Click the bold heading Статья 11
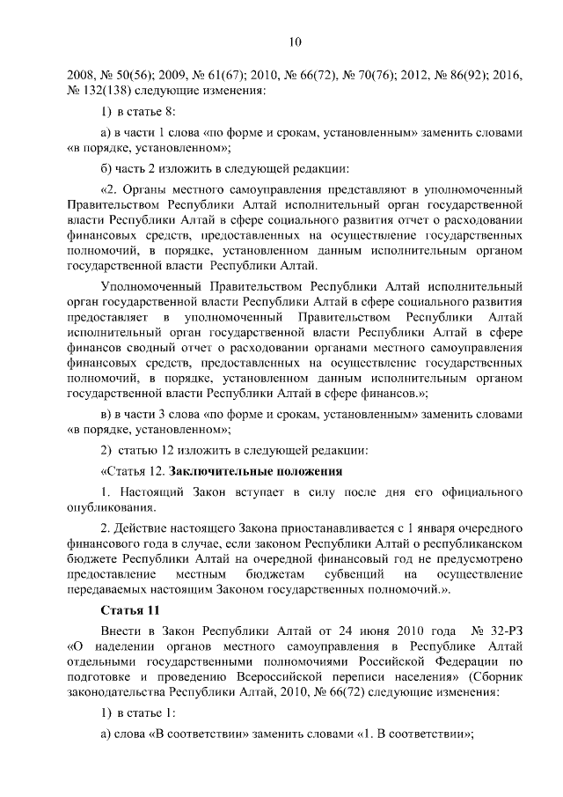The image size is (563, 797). pyautogui.click(x=130, y=609)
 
